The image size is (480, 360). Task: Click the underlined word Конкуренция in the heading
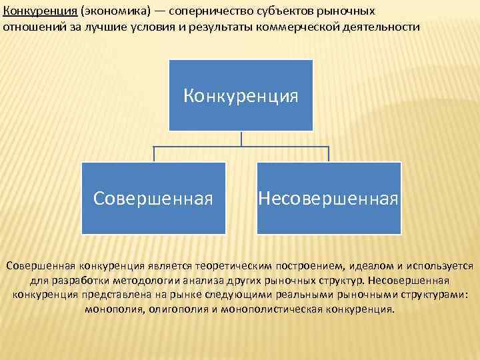[x=39, y=12]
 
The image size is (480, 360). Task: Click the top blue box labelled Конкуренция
[x=241, y=95]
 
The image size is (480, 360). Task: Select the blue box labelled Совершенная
[x=153, y=198]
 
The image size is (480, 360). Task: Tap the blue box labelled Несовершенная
[x=329, y=198]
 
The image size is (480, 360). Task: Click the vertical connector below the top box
[x=241, y=138]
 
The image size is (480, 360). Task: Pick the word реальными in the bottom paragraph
[x=293, y=295]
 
